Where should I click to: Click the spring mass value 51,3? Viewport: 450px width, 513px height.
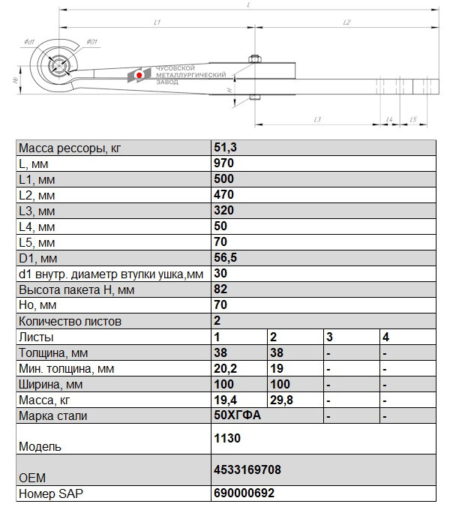point(223,148)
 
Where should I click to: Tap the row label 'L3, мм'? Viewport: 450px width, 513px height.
point(37,211)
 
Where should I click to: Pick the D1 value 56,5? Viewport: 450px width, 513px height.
point(225,258)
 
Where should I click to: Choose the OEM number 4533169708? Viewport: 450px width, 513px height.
point(247,470)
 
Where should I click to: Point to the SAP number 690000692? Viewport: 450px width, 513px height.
point(244,493)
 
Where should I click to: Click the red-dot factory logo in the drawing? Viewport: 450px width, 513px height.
point(139,75)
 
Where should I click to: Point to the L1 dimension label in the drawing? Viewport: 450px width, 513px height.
point(156,23)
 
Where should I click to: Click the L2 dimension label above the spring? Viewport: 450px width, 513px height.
point(346,23)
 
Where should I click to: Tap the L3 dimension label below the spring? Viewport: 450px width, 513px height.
point(317,119)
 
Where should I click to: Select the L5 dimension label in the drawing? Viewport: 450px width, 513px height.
point(413,119)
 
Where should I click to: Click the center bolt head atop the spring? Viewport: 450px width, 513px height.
point(256,58)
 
